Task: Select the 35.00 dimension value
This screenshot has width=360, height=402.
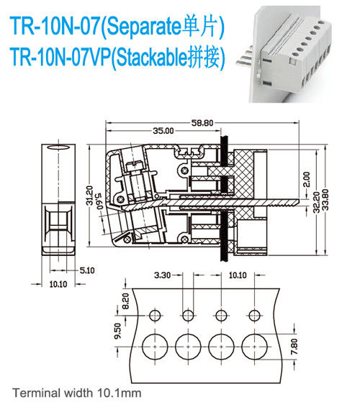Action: [x=163, y=131]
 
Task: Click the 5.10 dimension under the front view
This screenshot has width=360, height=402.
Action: [x=85, y=270]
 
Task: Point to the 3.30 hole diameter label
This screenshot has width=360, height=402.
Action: [x=163, y=275]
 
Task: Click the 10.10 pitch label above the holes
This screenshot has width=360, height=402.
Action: [x=236, y=275]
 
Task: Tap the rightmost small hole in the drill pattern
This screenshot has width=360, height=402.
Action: [x=254, y=315]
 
